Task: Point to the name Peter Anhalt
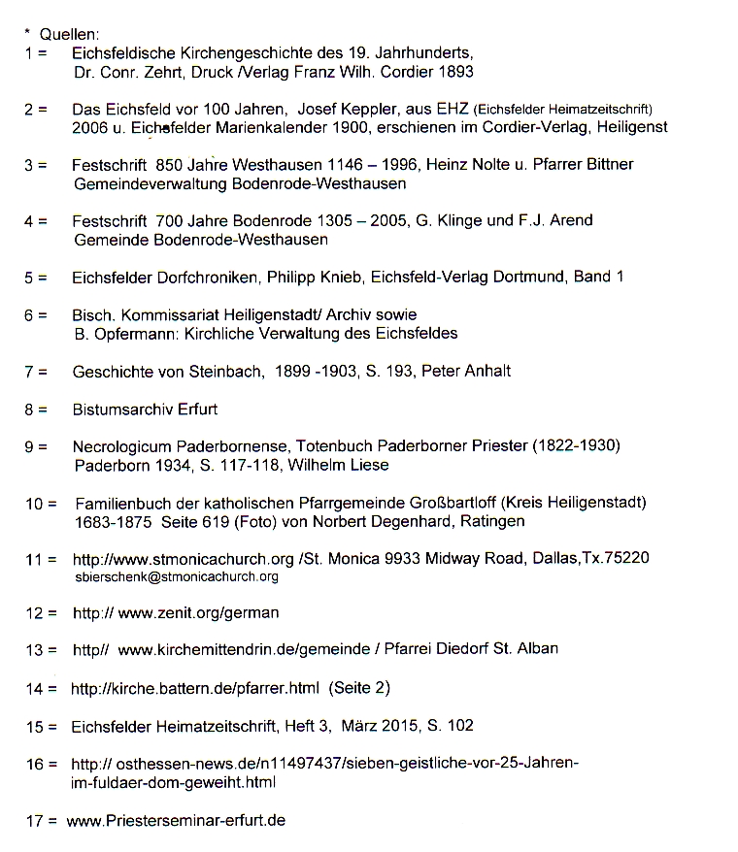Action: pos(465,371)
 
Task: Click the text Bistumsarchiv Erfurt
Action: pos(145,409)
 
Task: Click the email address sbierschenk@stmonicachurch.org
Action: pos(176,576)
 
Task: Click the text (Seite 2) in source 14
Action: pos(359,688)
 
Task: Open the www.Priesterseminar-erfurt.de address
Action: pos(176,820)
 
